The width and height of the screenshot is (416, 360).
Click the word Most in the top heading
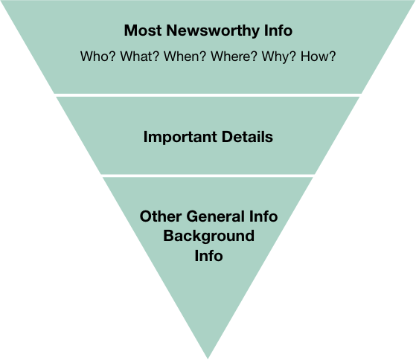[143, 30]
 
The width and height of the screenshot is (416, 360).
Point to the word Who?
[98, 57]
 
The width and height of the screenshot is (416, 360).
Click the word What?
[140, 57]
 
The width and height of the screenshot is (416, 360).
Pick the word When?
[185, 57]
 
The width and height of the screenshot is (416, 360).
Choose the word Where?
[234, 57]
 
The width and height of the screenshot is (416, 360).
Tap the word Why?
[278, 57]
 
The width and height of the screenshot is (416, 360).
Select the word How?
[318, 57]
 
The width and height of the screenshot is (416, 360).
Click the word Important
[180, 137]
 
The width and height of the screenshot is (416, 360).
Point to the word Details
[247, 137]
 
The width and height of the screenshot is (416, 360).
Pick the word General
[215, 216]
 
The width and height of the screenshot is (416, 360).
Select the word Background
[209, 237]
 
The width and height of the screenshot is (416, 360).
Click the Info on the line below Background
[209, 256]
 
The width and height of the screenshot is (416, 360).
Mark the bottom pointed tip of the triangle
[208, 359]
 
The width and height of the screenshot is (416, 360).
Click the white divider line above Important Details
[208, 95]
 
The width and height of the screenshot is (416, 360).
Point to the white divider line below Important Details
[208, 176]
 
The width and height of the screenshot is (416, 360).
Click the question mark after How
[333, 57]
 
